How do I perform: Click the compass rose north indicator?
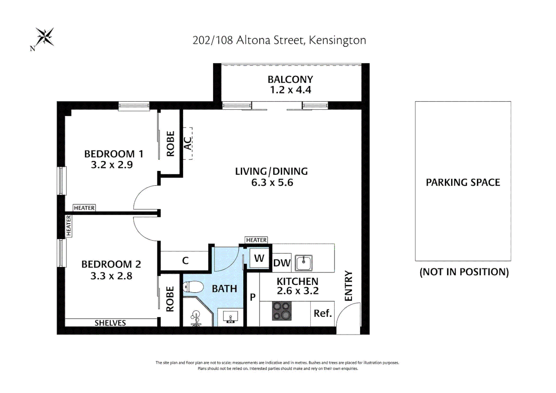coord(44,37)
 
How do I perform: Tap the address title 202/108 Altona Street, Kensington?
coord(279,40)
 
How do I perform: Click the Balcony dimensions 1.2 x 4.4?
coord(290,90)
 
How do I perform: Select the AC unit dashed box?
coord(187,143)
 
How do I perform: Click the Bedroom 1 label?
coord(114,154)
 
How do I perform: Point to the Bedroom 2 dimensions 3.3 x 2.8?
coord(111,276)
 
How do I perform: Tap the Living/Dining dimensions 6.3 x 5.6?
coord(272,183)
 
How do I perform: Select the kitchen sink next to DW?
coord(303,263)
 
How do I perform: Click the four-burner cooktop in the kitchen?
coord(282,311)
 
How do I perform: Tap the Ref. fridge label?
coord(322,313)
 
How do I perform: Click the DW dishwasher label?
coord(282,263)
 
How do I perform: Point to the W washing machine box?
coord(259,258)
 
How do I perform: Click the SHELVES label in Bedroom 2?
coord(110,323)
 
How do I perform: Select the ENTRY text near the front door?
coord(349,286)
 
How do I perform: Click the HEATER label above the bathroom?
coord(256,240)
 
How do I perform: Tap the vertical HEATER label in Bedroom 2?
coord(68,226)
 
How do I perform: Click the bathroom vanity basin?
coord(230,317)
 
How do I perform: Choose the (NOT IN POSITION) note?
coord(464,272)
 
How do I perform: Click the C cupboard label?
coord(185,261)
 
